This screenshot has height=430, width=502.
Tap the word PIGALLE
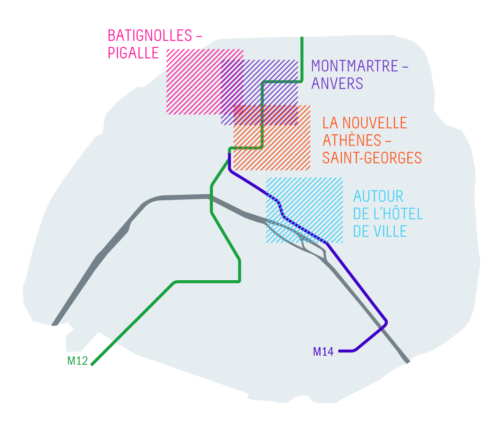click(133, 53)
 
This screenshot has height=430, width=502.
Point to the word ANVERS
click(337, 83)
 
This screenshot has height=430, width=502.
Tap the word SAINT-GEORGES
click(372, 157)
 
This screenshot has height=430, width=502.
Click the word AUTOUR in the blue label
click(378, 196)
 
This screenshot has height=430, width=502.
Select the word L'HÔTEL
click(398, 214)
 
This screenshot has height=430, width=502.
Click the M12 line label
click(77, 361)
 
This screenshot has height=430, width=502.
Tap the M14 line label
click(323, 352)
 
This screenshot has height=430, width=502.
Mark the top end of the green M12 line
click(302, 38)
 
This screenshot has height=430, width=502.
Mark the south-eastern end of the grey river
click(408, 361)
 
